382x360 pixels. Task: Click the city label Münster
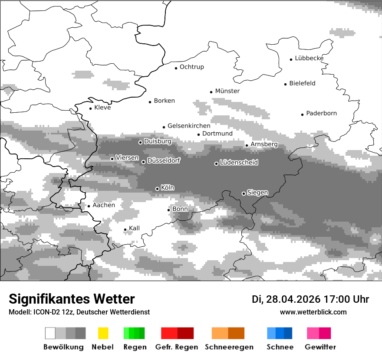[x=227, y=91]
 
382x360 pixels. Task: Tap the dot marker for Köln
[x=157, y=189]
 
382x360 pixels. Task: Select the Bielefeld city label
[x=302, y=83]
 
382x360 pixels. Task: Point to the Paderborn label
[x=321, y=114]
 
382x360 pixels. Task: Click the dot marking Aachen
[x=89, y=206]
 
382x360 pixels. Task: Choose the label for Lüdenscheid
[x=239, y=163]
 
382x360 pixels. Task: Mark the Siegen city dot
[x=244, y=193]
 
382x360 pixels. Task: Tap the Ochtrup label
[x=191, y=67]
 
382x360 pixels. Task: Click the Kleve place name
[x=102, y=108]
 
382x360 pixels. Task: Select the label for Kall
[x=134, y=228]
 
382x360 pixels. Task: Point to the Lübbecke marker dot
[x=291, y=59]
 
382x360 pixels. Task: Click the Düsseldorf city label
[x=163, y=160]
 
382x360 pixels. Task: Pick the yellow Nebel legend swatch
[x=103, y=333]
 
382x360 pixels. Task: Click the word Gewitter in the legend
[x=320, y=347]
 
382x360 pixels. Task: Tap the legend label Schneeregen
[x=229, y=347]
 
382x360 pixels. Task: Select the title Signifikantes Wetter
[x=72, y=299]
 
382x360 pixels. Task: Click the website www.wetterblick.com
[x=313, y=312]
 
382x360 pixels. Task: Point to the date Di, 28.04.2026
[x=286, y=299]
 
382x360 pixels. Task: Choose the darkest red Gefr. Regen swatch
[x=185, y=333]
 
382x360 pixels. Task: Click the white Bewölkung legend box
[x=50, y=333]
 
